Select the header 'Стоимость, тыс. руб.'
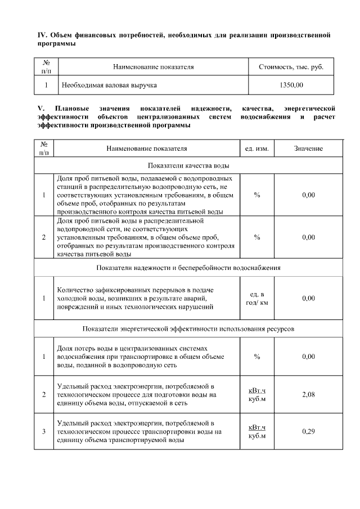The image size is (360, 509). [291, 66]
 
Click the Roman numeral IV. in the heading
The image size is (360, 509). [41, 35]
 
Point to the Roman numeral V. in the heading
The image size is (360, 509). [41, 107]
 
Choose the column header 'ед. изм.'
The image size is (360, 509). [257, 148]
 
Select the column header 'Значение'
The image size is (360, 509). [308, 148]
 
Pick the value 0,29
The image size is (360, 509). [308, 431]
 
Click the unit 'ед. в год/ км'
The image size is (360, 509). [257, 298]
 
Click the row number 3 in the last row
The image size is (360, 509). [44, 431]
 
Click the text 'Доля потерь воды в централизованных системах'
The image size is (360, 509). [129, 349]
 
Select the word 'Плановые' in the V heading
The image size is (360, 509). [70, 107]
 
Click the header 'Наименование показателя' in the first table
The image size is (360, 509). [154, 66]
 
